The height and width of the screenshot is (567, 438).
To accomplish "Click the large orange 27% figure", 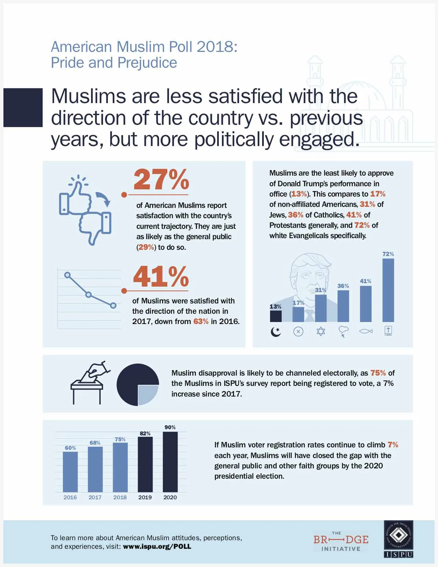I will coord(161,179).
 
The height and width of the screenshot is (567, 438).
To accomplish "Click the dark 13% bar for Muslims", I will coord(276,316).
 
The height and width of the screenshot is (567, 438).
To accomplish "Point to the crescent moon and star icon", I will coord(276,332).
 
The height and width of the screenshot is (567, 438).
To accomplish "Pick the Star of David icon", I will coord(321,332).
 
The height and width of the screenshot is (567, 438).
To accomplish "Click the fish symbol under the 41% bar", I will coord(366,332).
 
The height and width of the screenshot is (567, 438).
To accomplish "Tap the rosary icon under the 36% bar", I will coord(343,332).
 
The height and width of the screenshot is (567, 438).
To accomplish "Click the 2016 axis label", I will coord(70,497).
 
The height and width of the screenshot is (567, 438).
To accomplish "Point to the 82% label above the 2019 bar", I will coord(145,434).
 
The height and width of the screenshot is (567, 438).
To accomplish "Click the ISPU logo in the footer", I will coord(398,539).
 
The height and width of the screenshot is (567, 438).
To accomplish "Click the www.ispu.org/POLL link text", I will coord(157,546).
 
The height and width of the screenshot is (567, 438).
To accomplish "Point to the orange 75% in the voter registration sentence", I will coord(378,373).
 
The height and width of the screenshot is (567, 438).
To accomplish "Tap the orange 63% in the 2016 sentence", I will coord(201,322).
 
